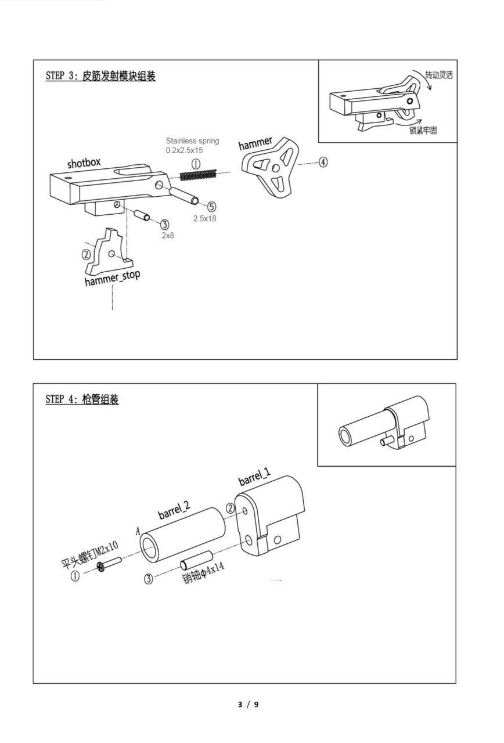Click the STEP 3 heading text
[100, 76]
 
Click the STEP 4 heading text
[82, 399]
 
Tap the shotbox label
[84, 163]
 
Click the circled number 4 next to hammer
[322, 163]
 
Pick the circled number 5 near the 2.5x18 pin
[211, 206]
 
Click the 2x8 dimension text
[167, 236]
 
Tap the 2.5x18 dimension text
[205, 219]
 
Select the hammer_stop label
[112, 278]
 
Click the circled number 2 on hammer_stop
[87, 254]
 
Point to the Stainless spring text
[192, 141]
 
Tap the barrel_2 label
[174, 510]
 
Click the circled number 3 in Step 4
[149, 579]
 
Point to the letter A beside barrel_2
[138, 531]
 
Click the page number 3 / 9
[249, 705]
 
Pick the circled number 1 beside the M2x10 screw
[75, 577]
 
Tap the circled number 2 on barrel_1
[231, 508]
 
